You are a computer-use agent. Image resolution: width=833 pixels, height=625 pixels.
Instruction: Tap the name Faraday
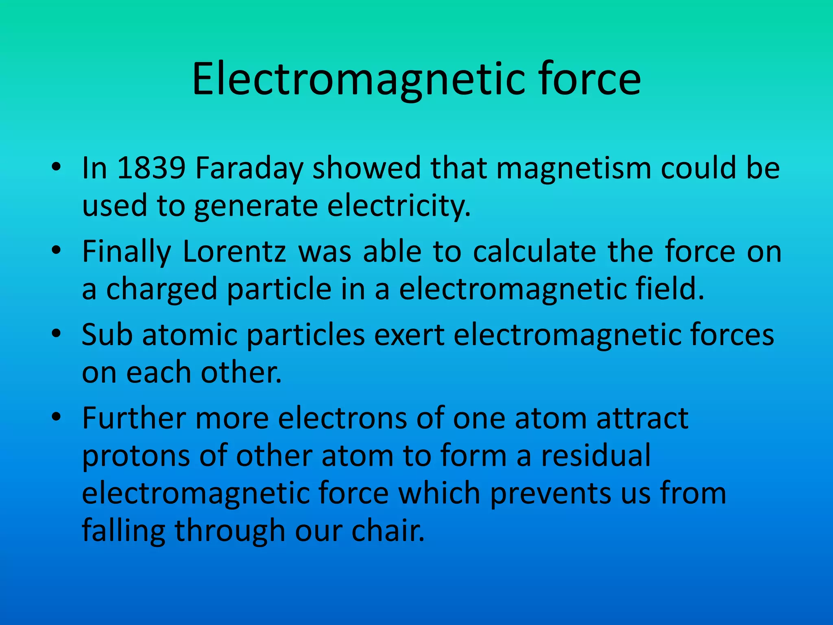click(249, 168)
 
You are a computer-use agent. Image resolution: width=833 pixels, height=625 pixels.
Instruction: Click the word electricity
click(399, 205)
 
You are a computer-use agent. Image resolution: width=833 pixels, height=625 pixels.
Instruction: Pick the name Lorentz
click(235, 251)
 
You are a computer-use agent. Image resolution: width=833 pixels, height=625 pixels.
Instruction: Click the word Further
click(134, 418)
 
